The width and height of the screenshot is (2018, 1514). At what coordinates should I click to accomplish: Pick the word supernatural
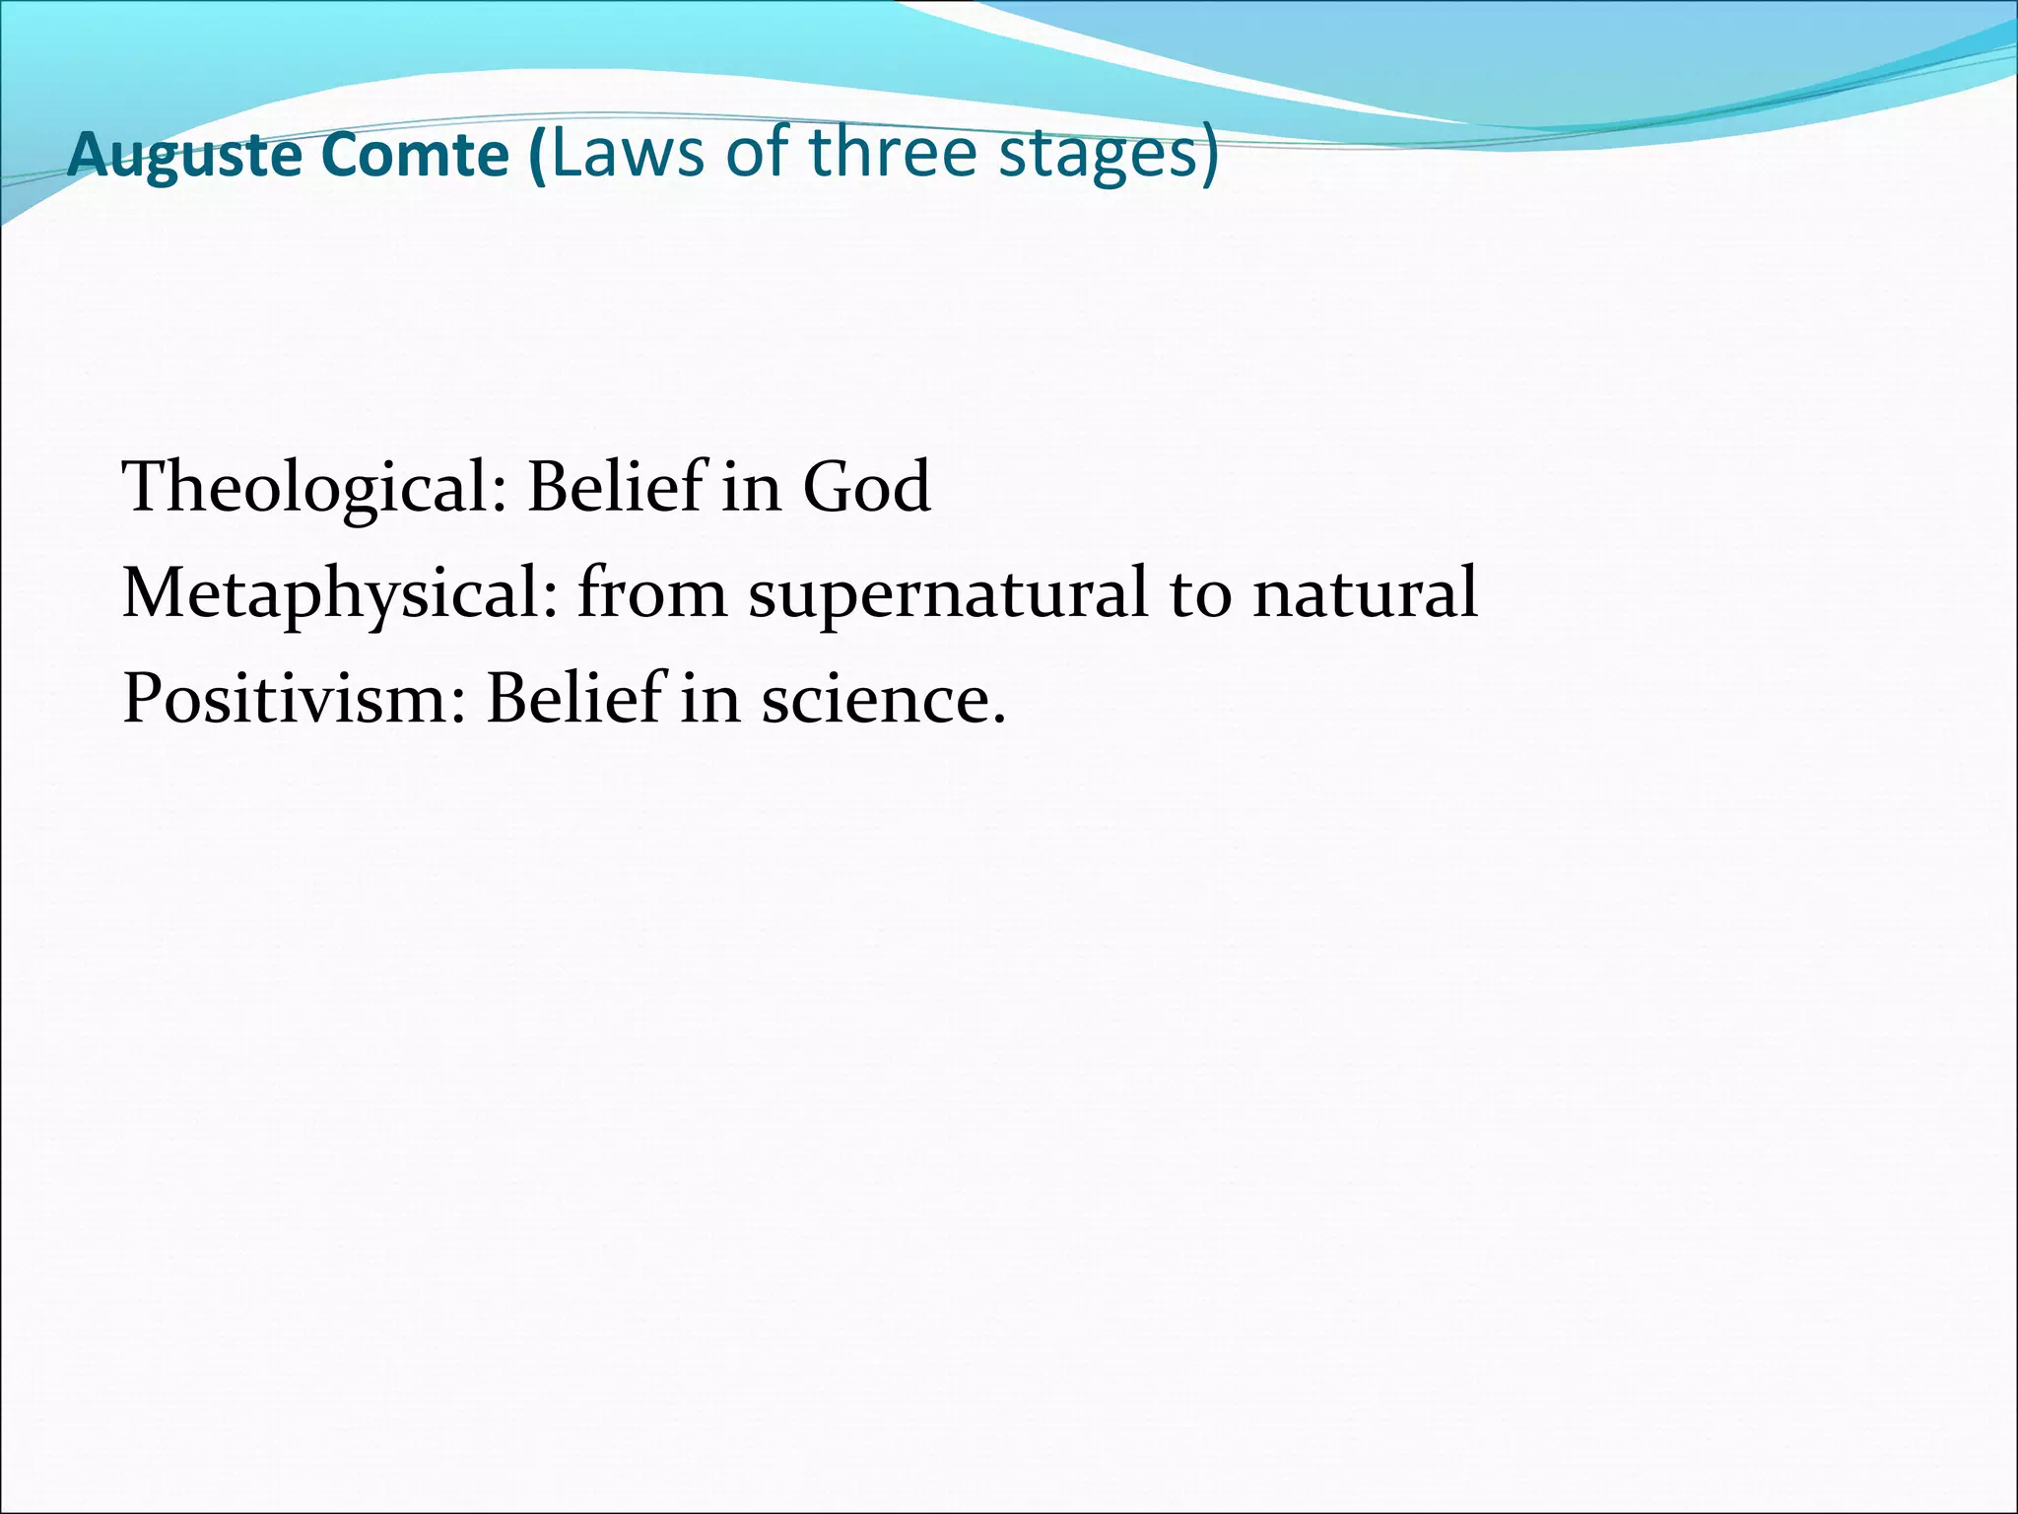[x=947, y=594]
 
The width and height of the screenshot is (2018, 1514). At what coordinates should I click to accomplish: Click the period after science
[x=999, y=721]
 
